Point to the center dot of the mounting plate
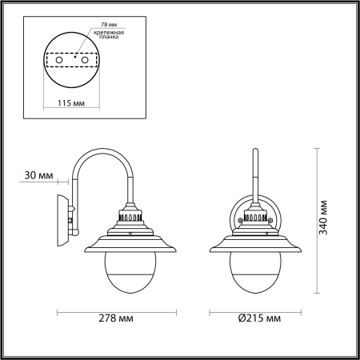(74, 57)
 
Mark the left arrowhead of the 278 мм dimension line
(58, 309)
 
